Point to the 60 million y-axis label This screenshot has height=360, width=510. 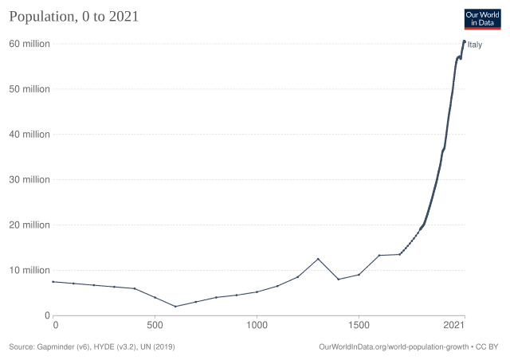point(29,44)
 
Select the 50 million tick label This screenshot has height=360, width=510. point(29,89)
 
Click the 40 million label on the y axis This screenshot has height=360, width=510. point(29,135)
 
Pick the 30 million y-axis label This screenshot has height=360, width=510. point(29,180)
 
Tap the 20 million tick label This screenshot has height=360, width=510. point(29,225)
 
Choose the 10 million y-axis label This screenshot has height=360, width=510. point(29,271)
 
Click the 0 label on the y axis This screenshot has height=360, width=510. point(47,315)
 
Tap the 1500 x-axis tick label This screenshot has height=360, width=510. point(359,325)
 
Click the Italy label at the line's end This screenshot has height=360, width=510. point(475,45)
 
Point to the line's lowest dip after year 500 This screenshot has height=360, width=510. point(177,307)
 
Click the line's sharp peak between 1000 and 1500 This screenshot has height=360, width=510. point(318,259)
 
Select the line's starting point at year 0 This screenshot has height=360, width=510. point(55,282)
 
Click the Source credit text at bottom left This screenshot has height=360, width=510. point(92,347)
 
